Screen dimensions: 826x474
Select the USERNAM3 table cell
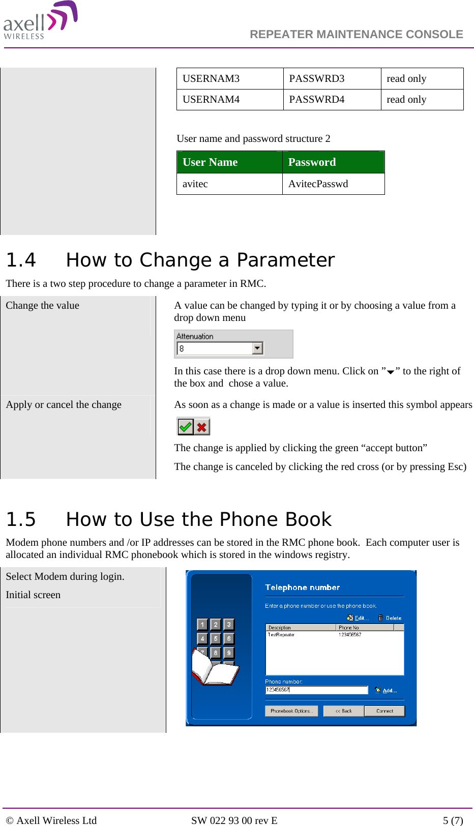pyautogui.click(x=211, y=79)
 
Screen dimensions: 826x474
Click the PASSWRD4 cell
pyautogui.click(x=316, y=100)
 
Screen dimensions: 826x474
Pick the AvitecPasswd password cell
pyautogui.click(x=318, y=184)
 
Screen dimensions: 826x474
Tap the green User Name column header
pyautogui.click(x=210, y=162)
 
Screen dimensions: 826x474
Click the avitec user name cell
pyautogui.click(x=195, y=184)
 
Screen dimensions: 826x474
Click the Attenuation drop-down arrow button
pyautogui.click(x=257, y=348)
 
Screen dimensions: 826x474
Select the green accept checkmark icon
pyautogui.click(x=185, y=427)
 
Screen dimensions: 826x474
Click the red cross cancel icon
pyautogui.click(x=202, y=427)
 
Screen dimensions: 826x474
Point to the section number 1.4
pyautogui.click(x=21, y=260)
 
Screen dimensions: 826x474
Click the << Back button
pyautogui.click(x=343, y=711)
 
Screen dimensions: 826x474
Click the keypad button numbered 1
pyautogui.click(x=202, y=625)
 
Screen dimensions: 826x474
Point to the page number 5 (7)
pyautogui.click(x=453, y=820)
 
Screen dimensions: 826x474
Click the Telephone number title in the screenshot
pyautogui.click(x=302, y=587)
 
